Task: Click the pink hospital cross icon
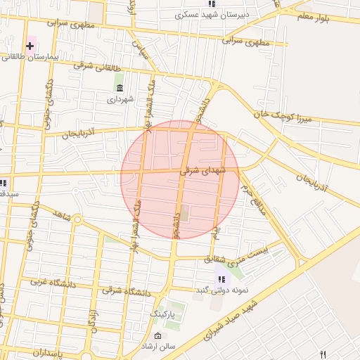point(30,46)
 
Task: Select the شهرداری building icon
point(119,88)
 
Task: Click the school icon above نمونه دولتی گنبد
point(222,278)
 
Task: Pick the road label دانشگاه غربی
point(51,282)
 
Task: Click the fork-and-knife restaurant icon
point(323,354)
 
